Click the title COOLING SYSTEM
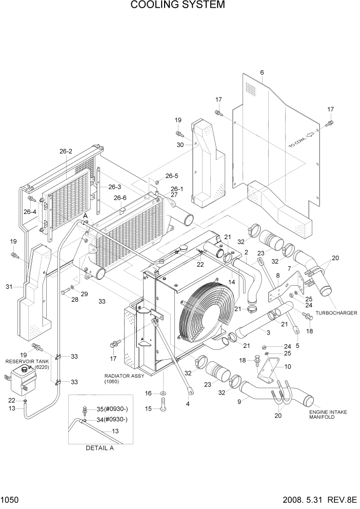[177, 6]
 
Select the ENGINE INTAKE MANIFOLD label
[326, 415]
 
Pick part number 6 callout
[262, 72]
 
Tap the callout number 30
[179, 145]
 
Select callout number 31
[9, 287]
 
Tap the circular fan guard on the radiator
[202, 313]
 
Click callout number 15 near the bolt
[148, 408]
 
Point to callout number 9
[239, 402]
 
